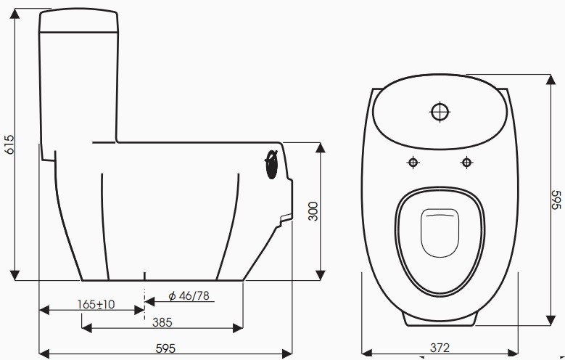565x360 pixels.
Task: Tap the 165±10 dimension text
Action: [97, 304]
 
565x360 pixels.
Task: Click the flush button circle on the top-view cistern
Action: [440, 112]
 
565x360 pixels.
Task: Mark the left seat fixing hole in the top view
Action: [413, 162]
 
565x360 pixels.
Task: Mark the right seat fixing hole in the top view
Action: [466, 162]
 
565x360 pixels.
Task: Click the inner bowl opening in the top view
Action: [440, 232]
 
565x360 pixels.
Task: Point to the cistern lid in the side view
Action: [78, 21]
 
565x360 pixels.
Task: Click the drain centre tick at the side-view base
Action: [146, 277]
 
